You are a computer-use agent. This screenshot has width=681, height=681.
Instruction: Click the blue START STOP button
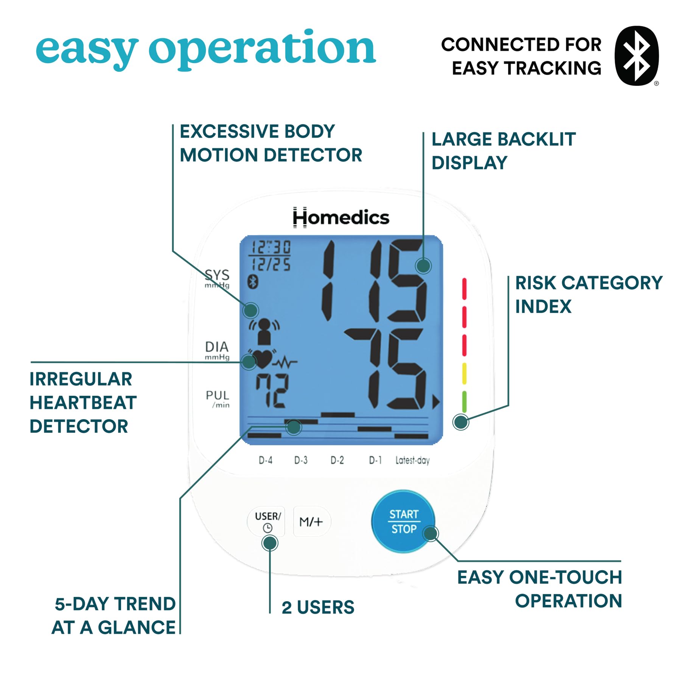click(x=403, y=521)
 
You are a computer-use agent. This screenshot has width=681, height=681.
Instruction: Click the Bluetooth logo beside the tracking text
click(x=637, y=56)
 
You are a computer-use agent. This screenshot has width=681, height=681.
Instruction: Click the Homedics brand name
click(x=341, y=218)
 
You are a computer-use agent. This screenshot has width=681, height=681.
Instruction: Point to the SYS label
click(x=217, y=275)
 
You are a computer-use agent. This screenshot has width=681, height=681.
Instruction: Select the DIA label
click(x=217, y=347)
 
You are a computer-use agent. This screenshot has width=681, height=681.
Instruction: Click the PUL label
click(x=218, y=395)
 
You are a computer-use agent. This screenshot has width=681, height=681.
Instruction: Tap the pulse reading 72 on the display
click(x=272, y=390)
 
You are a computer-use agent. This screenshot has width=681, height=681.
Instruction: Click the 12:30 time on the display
click(x=271, y=247)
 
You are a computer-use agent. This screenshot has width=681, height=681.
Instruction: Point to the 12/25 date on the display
click(x=271, y=264)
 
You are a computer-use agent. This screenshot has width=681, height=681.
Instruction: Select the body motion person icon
click(x=264, y=331)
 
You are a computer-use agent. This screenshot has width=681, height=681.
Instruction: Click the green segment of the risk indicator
click(x=464, y=401)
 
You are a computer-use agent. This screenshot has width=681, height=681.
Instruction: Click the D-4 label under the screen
click(x=266, y=460)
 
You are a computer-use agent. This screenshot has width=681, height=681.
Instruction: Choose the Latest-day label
click(x=412, y=460)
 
